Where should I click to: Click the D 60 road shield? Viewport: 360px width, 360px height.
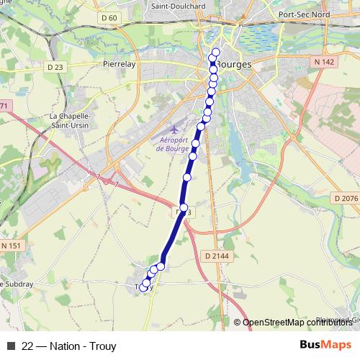109,18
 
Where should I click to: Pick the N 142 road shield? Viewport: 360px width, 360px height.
325,62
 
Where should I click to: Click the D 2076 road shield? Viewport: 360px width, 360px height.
345,198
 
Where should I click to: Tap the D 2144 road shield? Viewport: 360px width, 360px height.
216,255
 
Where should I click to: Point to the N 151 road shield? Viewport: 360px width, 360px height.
12,246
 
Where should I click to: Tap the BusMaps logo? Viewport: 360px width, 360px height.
325,345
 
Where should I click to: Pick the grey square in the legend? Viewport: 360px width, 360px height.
11,346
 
